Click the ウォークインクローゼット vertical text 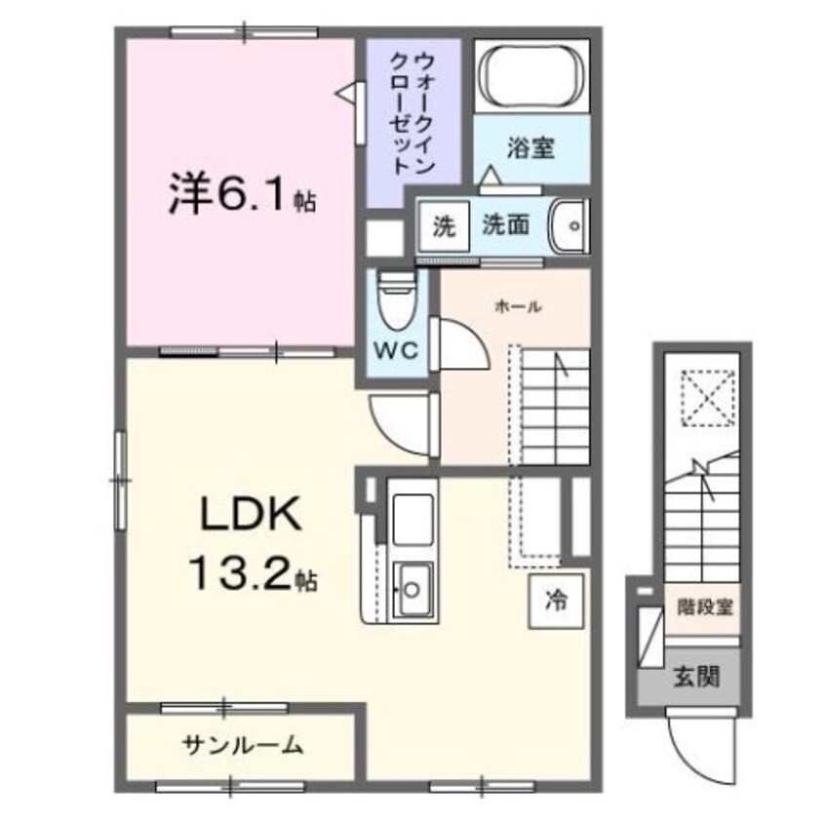[x=412, y=113]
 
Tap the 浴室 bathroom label [x=531, y=147]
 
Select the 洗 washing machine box [x=444, y=226]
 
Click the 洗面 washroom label [x=505, y=225]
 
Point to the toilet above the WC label [x=396, y=301]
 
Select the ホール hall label [x=519, y=305]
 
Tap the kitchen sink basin [x=413, y=589]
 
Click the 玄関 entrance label [x=696, y=676]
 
